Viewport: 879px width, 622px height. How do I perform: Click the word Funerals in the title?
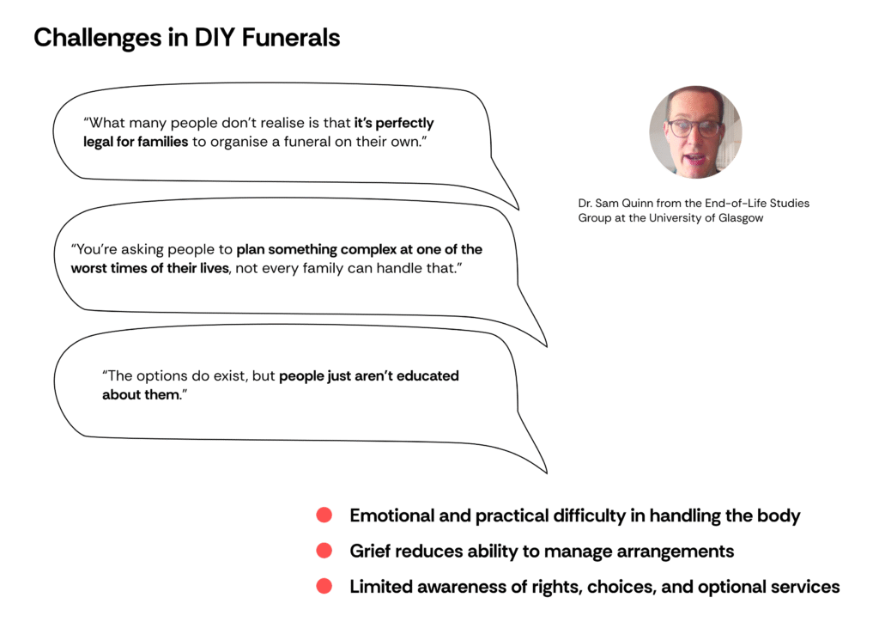pos(290,38)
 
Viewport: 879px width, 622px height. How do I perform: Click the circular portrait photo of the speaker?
pos(695,132)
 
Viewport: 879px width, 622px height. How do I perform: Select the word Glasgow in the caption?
pos(741,218)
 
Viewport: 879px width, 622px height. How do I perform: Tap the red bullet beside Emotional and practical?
pos(324,515)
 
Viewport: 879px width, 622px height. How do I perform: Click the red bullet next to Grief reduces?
pos(324,550)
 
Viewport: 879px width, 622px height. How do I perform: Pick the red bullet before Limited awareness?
pos(324,586)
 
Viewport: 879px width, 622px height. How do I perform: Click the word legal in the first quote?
pos(98,142)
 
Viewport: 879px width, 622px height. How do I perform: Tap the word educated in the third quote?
pos(427,375)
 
